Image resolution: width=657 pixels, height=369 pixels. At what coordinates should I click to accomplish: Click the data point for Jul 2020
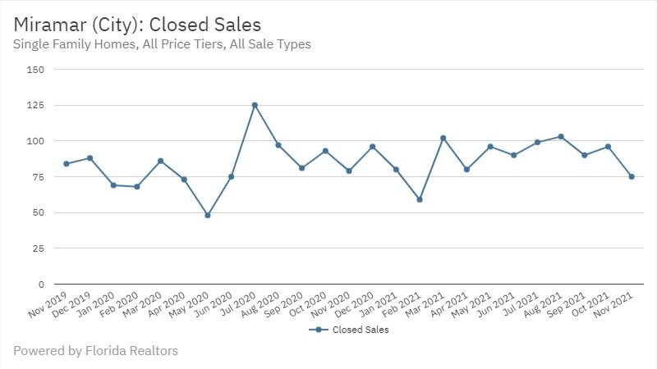pyautogui.click(x=255, y=105)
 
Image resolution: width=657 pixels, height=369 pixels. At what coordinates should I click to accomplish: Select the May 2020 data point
pyautogui.click(x=208, y=216)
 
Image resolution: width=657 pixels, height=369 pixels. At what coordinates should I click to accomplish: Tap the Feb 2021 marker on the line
pyautogui.click(x=420, y=199)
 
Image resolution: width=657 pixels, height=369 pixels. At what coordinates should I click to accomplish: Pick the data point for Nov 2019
pyautogui.click(x=66, y=164)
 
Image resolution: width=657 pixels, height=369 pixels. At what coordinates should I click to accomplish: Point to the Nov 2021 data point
pyautogui.click(x=632, y=176)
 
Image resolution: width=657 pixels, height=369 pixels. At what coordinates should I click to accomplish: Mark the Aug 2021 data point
pyautogui.click(x=561, y=136)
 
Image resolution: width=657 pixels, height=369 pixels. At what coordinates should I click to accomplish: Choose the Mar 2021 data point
pyautogui.click(x=443, y=138)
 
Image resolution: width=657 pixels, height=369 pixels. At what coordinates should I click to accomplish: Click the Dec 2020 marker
pyautogui.click(x=373, y=147)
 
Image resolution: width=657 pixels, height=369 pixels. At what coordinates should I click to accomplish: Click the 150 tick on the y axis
pyautogui.click(x=35, y=70)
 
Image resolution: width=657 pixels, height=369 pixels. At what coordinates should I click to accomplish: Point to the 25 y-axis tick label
pyautogui.click(x=38, y=248)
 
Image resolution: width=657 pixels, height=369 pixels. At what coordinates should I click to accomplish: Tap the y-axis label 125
pyautogui.click(x=35, y=106)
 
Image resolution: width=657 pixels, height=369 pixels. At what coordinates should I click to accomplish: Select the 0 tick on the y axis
pyautogui.click(x=40, y=285)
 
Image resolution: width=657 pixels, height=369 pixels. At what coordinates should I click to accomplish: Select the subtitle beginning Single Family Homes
pyautogui.click(x=162, y=44)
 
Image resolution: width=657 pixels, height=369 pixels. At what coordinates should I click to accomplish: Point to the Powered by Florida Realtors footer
pyautogui.click(x=95, y=351)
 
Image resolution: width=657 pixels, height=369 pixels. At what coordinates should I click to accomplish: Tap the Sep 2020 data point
pyautogui.click(x=302, y=168)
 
